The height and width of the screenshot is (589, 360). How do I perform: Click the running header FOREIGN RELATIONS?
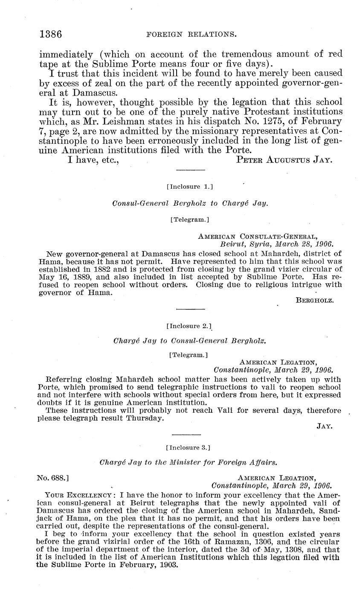pyautogui.click(x=192, y=35)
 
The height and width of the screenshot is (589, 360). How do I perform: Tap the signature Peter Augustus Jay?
pyautogui.click(x=284, y=160)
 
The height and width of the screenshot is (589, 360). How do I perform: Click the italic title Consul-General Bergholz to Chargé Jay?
pyautogui.click(x=190, y=204)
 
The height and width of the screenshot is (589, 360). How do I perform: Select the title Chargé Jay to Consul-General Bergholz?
pyautogui.click(x=189, y=341)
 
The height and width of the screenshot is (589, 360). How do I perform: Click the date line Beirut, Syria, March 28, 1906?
pyautogui.click(x=276, y=244)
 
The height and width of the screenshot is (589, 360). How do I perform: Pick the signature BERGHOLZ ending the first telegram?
pyautogui.click(x=314, y=300)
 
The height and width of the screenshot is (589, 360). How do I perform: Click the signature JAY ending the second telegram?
pyautogui.click(x=325, y=426)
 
